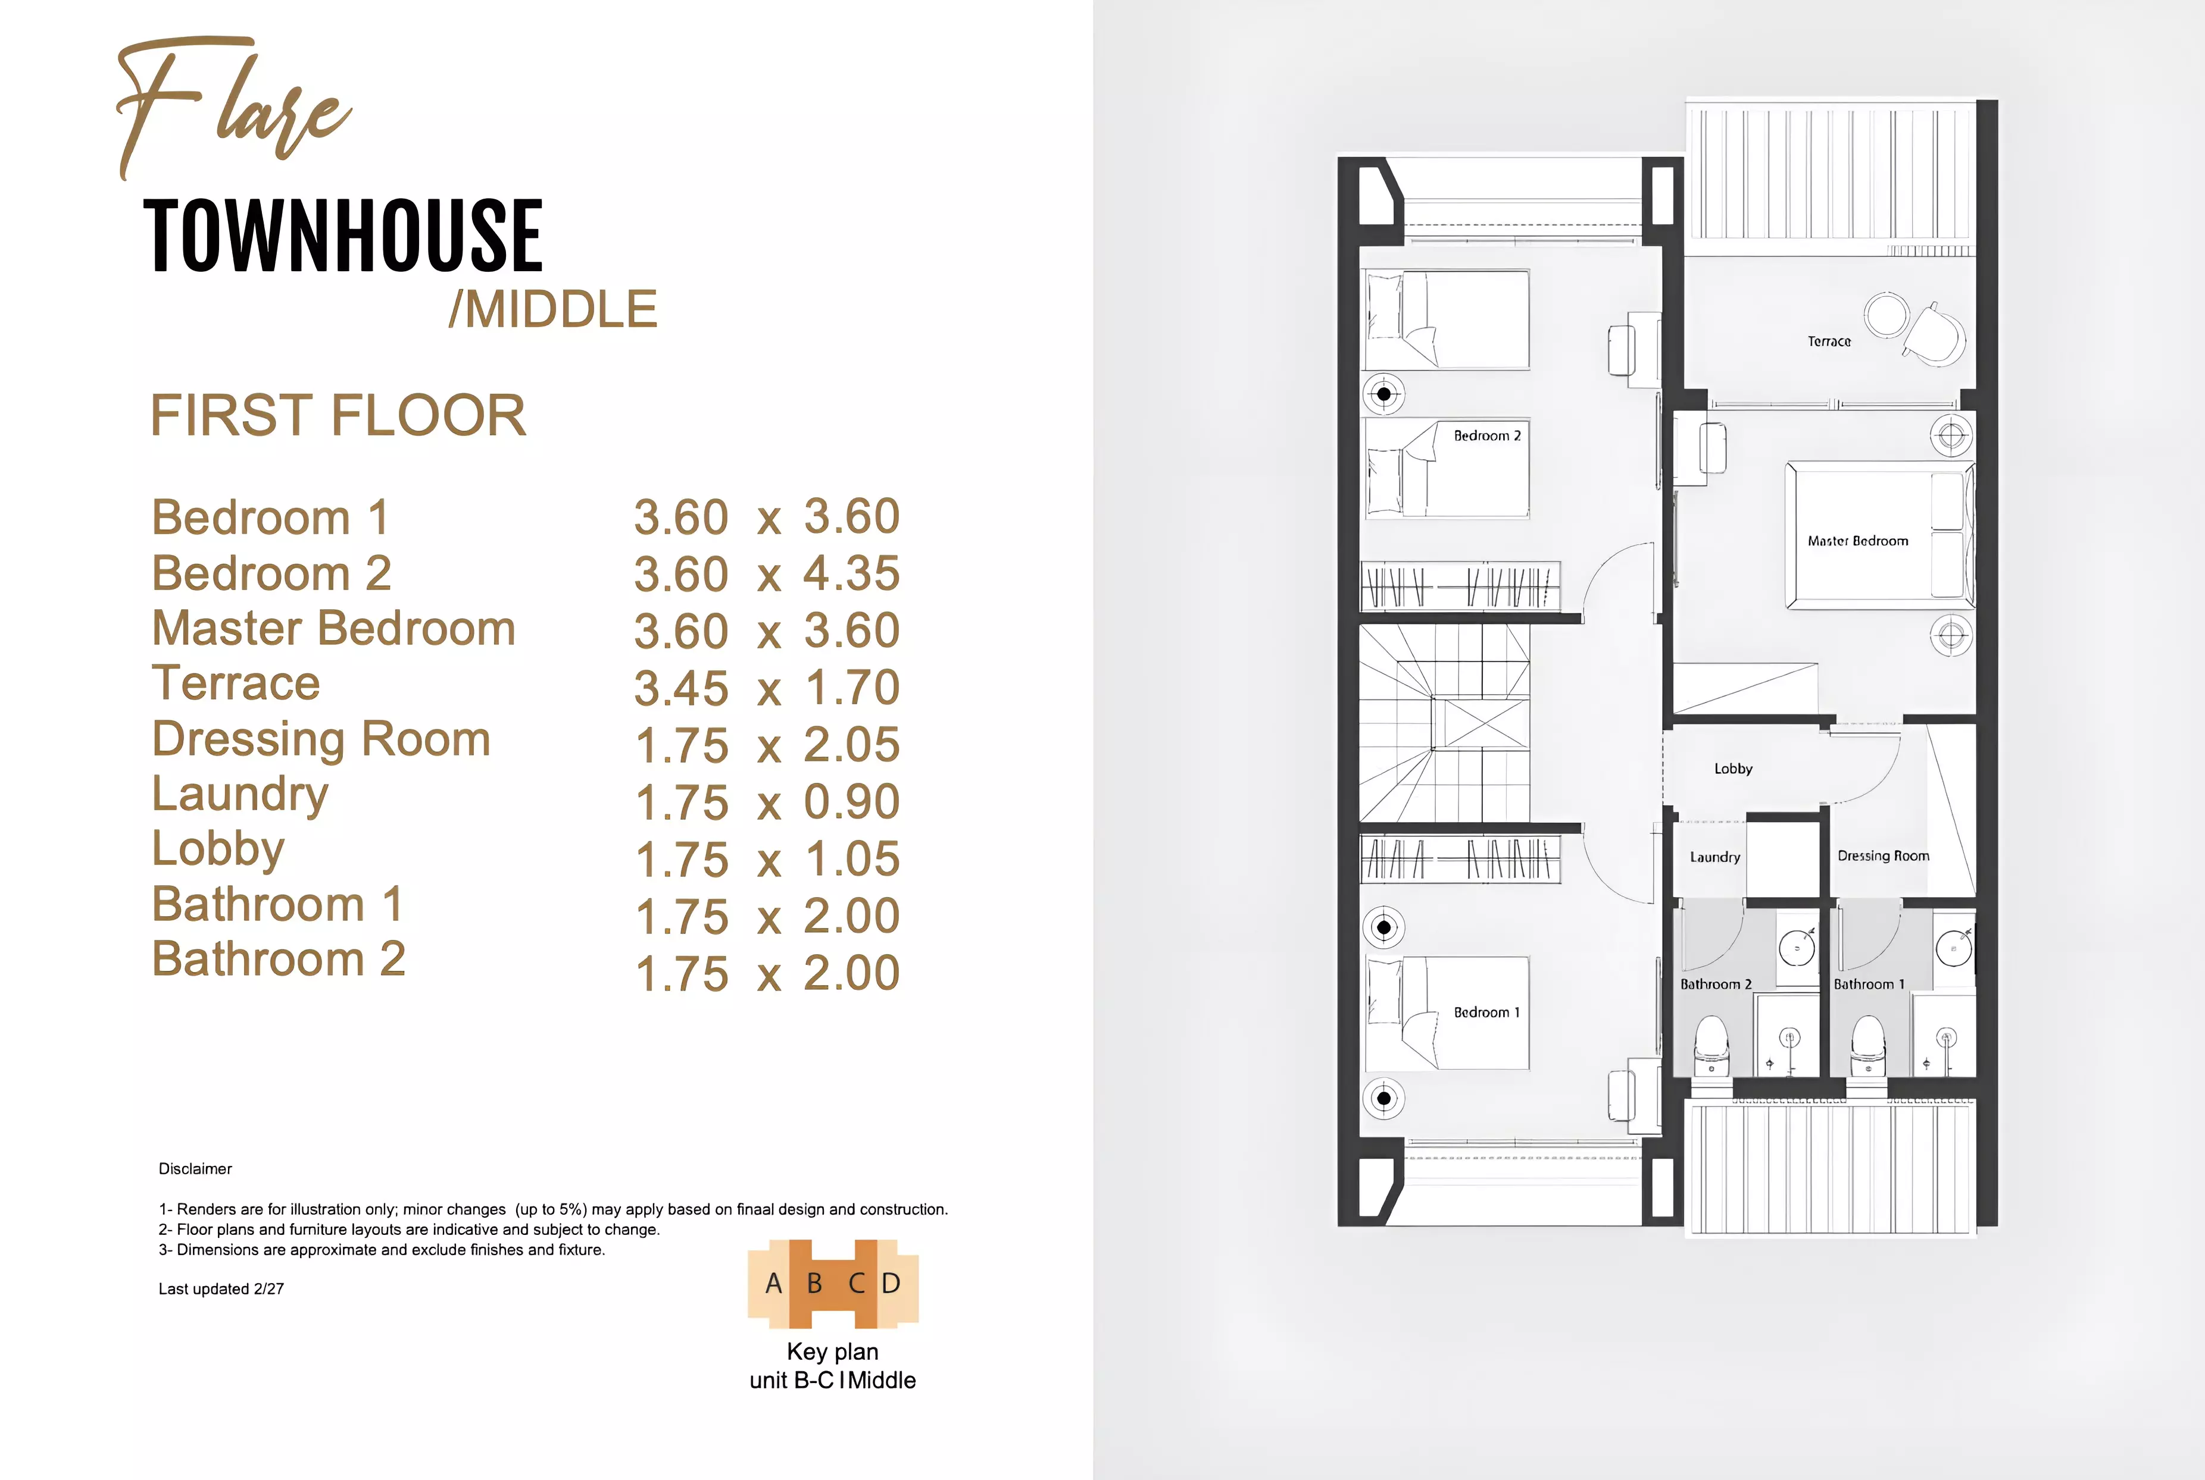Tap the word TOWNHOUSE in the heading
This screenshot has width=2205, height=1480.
(343, 236)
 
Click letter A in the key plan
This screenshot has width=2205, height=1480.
(773, 1284)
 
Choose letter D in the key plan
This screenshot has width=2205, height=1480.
(891, 1284)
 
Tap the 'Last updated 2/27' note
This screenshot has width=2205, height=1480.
(221, 1289)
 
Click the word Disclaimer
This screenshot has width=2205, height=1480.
(195, 1168)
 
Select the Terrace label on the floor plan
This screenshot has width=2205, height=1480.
(1829, 341)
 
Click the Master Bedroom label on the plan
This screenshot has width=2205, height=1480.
(1857, 541)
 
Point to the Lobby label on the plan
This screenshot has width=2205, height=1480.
(1733, 769)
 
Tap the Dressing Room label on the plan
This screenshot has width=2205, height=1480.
(1883, 856)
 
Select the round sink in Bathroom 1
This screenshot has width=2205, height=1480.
(1953, 948)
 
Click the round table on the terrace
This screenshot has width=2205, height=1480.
(1887, 314)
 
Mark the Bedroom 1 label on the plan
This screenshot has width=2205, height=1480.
(1486, 1013)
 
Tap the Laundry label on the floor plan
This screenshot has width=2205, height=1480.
(1714, 857)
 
